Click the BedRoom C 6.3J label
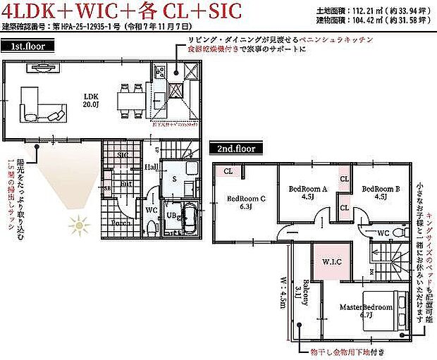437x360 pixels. (246, 202)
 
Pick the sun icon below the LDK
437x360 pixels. (79, 227)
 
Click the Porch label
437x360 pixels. (120, 223)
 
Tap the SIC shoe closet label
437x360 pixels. (123, 154)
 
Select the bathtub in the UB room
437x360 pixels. (188, 218)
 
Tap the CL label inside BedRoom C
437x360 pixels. (228, 170)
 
